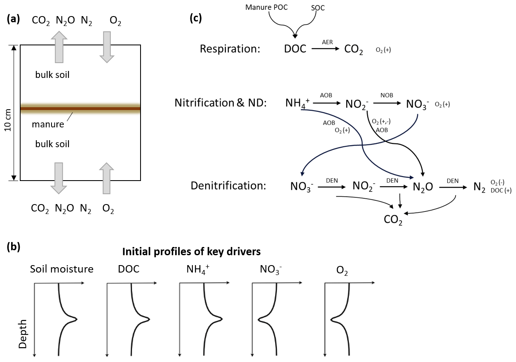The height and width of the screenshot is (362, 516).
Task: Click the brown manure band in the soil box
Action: coord(80,109)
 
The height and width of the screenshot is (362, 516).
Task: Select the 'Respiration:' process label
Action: coord(230,49)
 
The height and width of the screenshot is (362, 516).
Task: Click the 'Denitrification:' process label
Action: coord(228,186)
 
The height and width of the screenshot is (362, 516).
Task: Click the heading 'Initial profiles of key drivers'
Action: coord(191,251)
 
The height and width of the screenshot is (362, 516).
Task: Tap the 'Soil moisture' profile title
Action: coord(62,269)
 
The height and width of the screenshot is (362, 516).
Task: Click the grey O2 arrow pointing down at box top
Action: coord(107,47)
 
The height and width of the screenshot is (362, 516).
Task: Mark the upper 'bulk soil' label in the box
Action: coord(52,75)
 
